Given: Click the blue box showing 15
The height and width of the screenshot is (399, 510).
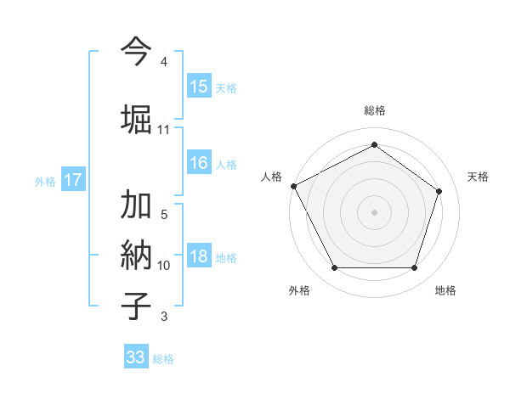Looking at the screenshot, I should (198, 87).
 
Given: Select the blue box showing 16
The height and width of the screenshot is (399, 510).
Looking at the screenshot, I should (198, 164).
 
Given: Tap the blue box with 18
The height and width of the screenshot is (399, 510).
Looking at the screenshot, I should (198, 257).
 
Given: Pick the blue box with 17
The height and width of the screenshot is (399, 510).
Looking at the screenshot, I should (72, 180).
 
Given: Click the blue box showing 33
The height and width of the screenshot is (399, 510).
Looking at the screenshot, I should (135, 357).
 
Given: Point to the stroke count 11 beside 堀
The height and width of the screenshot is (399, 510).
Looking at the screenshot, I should (163, 130).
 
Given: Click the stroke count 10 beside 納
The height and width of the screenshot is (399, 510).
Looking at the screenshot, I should (163, 266).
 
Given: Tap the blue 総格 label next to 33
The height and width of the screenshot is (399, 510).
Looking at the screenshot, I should (163, 359).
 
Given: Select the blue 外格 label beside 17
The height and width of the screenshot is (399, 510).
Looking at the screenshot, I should (45, 181).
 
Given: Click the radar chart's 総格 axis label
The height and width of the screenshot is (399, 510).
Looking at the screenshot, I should (374, 111).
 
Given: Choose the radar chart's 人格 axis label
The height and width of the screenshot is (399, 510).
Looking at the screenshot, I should (271, 177).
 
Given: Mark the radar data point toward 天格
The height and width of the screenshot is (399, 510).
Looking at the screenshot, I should (439, 191).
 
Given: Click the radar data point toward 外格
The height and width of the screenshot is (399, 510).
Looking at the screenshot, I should (334, 268).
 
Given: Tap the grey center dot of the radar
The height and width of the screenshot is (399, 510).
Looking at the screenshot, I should (374, 212).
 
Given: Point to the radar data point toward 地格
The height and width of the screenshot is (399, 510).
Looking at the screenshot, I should (414, 268).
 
